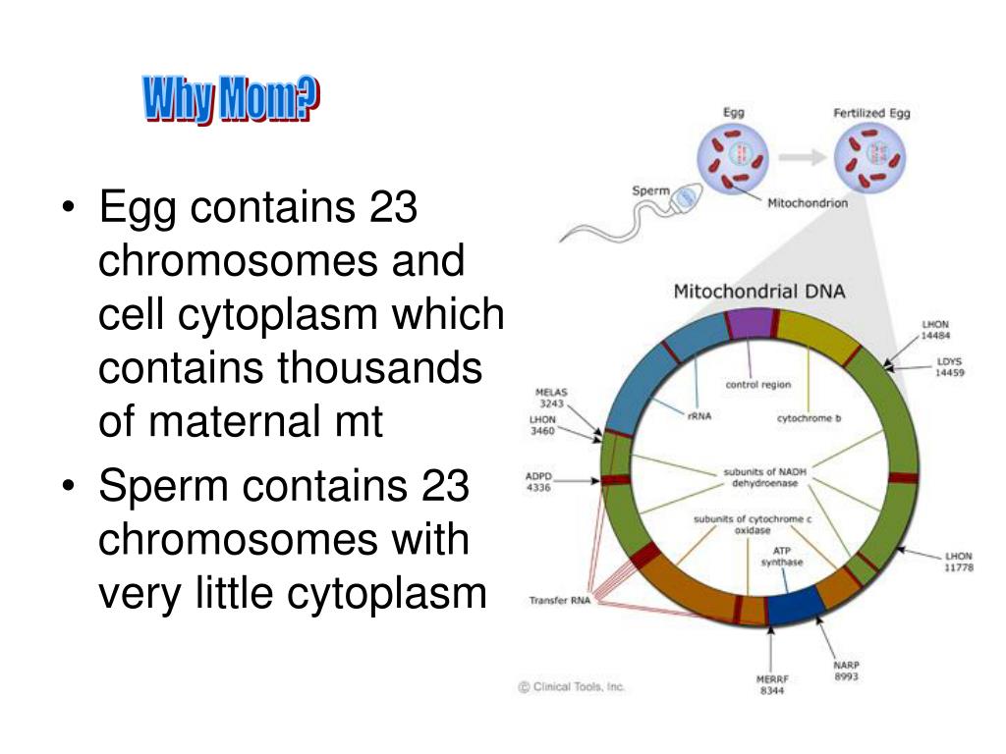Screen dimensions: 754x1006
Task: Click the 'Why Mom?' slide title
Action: pyautogui.click(x=232, y=101)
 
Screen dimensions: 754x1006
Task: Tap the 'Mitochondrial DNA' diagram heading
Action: pyautogui.click(x=757, y=291)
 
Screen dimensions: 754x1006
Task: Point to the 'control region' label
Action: pyautogui.click(x=757, y=385)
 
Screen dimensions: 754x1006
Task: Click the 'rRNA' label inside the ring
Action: pyautogui.click(x=699, y=415)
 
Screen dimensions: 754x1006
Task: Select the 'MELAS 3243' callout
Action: pyautogui.click(x=552, y=398)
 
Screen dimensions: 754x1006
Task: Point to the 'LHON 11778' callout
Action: pyautogui.click(x=957, y=562)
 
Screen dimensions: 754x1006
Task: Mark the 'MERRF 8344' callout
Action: pyautogui.click(x=773, y=684)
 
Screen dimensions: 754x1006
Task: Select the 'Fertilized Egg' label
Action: pyautogui.click(x=871, y=113)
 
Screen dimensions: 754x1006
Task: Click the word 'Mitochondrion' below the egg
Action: pyautogui.click(x=808, y=203)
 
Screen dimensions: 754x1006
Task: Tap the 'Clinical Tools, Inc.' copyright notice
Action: pyautogui.click(x=572, y=687)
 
